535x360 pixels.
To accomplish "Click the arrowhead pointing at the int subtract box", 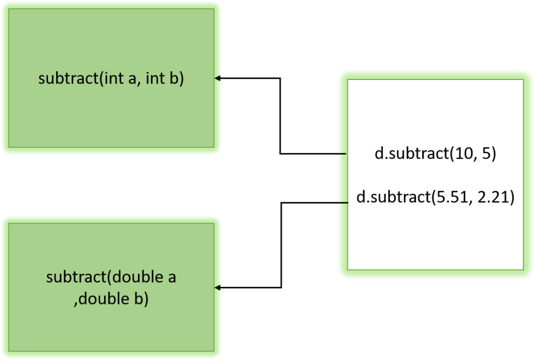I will coord(218,78).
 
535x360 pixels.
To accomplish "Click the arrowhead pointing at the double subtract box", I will coord(218,288).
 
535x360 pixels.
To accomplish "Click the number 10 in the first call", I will coord(461,155).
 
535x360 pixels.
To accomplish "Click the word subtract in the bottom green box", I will coord(73,277).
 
